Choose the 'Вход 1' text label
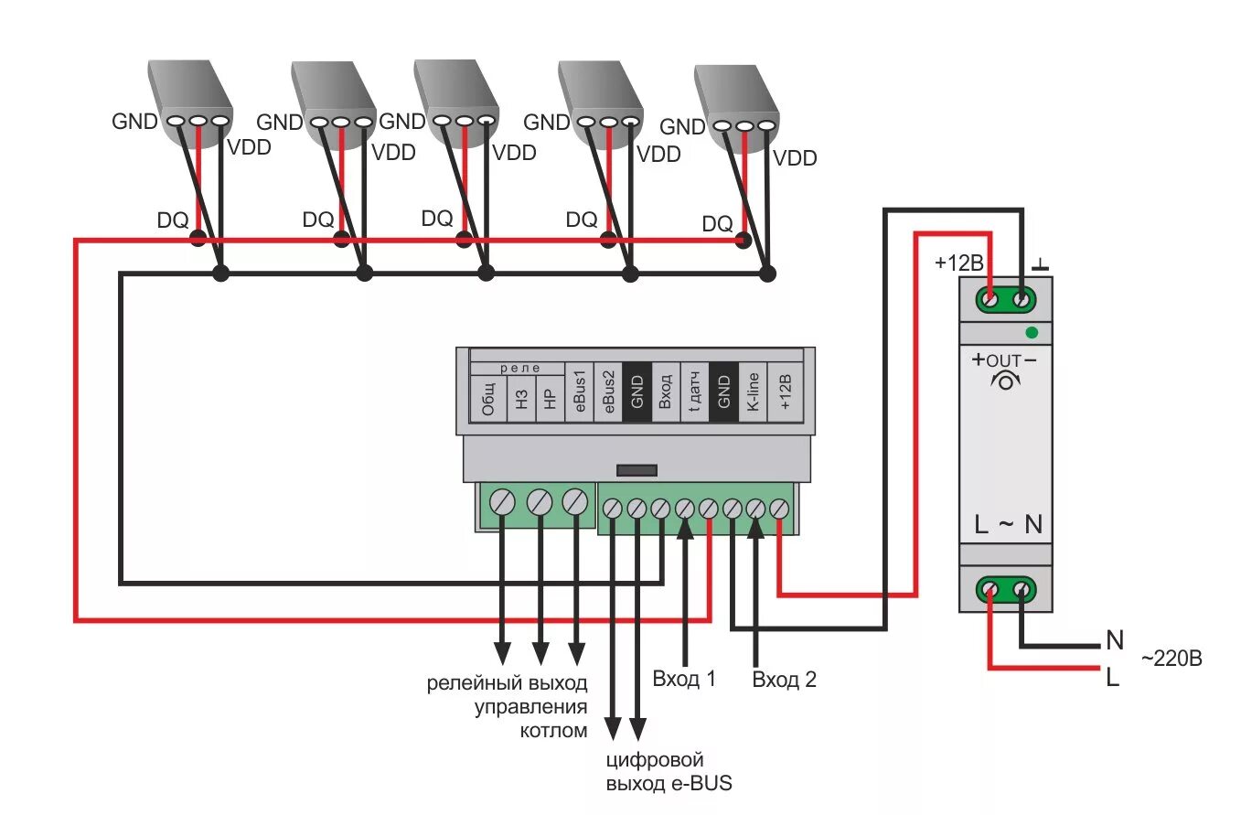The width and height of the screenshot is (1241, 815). coord(684,679)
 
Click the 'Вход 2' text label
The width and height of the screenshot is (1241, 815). coord(784,679)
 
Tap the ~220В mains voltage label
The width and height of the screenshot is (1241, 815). coord(1171,659)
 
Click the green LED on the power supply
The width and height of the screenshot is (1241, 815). coord(1032,332)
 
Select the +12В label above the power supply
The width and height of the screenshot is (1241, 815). coord(958,263)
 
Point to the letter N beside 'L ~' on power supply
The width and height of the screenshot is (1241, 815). coord(1033,525)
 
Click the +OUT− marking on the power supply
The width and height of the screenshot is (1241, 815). coord(1005,359)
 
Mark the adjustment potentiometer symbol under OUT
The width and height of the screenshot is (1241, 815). coord(1005,380)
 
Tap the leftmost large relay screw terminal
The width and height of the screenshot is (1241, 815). coord(503,501)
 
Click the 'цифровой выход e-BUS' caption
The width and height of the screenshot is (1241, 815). coord(669,772)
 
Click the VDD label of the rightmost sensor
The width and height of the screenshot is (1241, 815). coord(795,158)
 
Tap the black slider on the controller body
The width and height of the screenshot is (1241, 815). coord(637,470)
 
